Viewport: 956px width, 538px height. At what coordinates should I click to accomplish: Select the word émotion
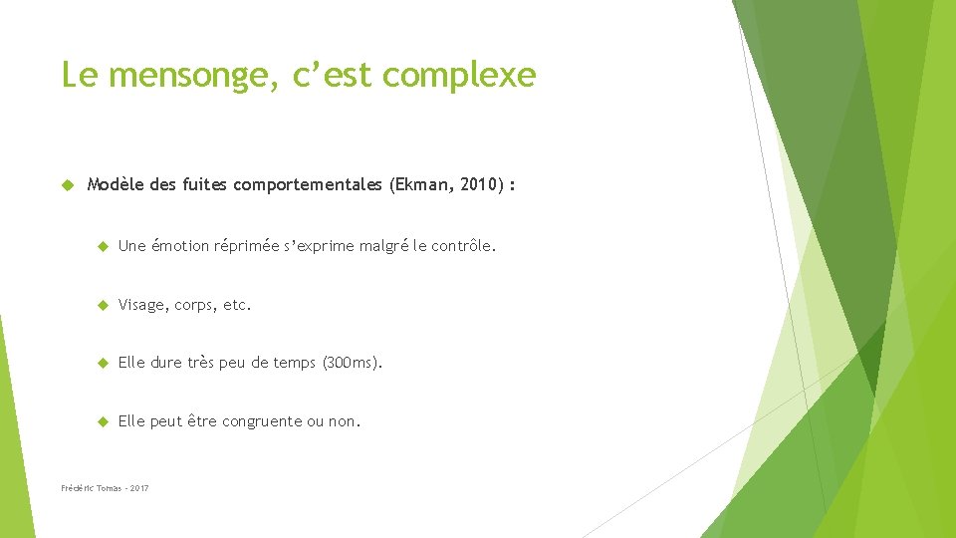tap(179, 246)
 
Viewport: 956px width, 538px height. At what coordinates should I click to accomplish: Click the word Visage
tap(142, 305)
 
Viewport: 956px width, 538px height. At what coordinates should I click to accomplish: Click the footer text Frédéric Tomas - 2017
tap(105, 488)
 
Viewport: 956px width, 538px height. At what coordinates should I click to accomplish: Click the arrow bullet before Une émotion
tap(101, 246)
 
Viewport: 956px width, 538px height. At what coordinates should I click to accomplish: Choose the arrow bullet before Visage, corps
tap(101, 305)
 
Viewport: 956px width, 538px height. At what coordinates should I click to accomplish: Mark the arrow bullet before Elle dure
tap(101, 363)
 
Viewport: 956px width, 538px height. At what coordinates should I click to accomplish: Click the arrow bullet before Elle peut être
tap(101, 421)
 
